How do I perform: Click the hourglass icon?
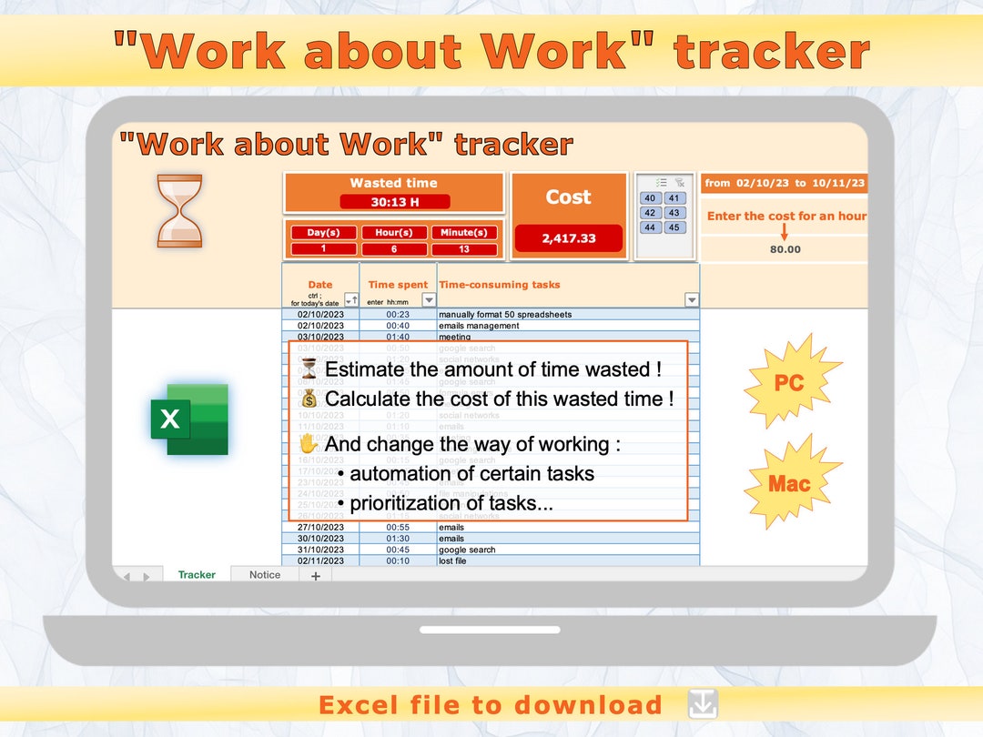coord(179,211)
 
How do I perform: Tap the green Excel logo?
coord(189,419)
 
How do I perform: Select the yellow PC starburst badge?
coord(788,382)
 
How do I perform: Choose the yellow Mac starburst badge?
coord(788,482)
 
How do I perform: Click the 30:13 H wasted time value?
coord(394,202)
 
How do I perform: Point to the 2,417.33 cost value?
coord(568,238)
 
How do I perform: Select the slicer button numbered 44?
coord(650,227)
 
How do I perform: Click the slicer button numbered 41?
coord(674,198)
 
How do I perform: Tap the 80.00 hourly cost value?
coord(785,249)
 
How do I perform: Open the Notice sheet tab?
coord(265,575)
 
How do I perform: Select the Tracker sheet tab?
coord(197,575)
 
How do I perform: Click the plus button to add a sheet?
coord(316,576)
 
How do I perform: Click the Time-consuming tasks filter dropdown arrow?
coord(692,300)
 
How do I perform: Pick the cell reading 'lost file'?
coord(452,561)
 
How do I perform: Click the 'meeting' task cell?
coord(455,337)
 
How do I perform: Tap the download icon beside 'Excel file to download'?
coord(703,704)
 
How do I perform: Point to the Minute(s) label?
coord(464,232)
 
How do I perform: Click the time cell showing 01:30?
coord(398,539)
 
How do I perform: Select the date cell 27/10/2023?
coord(320,528)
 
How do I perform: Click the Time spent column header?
coord(398,285)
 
